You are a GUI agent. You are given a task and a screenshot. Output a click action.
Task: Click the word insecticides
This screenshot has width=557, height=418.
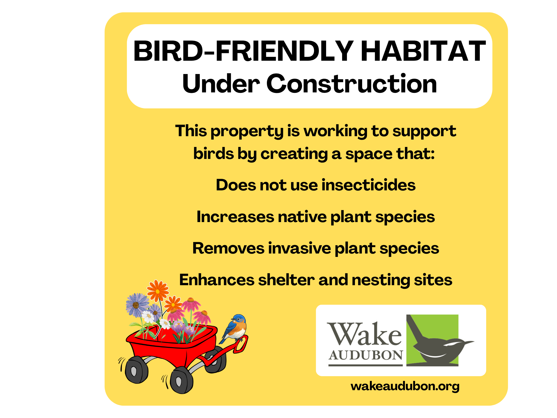point(369,185)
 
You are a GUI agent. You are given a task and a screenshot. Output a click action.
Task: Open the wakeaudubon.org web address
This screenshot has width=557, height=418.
point(405,386)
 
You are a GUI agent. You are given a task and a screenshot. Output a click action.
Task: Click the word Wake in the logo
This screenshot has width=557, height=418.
point(364,334)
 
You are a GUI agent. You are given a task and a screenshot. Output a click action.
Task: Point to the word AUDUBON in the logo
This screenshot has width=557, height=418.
point(366,355)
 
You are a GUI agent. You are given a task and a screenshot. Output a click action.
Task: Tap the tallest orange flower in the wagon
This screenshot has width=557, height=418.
point(158,291)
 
